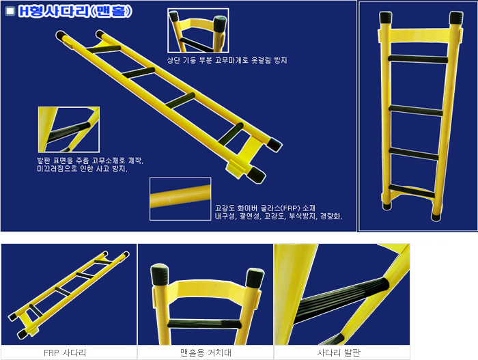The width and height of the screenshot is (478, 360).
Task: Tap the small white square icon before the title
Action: (10, 12)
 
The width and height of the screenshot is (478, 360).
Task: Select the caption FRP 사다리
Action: (68, 352)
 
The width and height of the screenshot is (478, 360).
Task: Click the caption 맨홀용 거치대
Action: (205, 352)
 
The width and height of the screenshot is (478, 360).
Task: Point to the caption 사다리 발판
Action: (341, 352)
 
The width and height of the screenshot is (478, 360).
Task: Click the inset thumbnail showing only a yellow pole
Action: (180, 199)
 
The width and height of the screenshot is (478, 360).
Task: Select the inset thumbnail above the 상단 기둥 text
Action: (197, 30)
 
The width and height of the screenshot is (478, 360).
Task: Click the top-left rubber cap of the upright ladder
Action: (383, 18)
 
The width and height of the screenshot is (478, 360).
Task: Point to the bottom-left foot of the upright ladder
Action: (386, 203)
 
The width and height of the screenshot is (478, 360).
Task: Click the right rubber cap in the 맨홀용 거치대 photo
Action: (253, 277)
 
